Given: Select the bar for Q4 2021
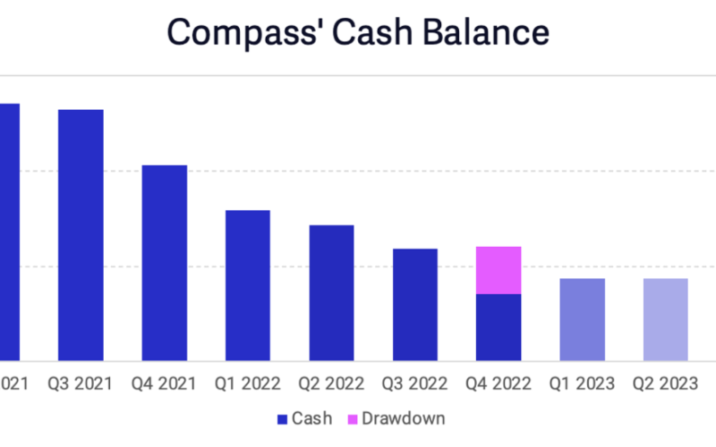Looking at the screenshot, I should point(165,263).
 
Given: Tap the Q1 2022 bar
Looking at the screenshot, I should point(248,285).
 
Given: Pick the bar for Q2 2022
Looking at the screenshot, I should point(331,293).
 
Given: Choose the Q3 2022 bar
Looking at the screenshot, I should point(415,305).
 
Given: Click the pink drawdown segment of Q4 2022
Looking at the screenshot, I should point(499,270).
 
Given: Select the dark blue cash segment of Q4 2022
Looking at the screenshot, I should point(499,327).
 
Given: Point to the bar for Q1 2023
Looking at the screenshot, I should point(582,319).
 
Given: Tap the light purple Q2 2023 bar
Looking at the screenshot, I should point(665,319).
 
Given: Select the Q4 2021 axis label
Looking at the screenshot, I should point(165,384).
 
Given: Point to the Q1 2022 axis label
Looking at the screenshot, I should point(248,384).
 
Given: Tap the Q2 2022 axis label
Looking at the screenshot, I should point(331,384).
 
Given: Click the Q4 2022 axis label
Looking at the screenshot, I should point(499,384).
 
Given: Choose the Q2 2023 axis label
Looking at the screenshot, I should point(665,384).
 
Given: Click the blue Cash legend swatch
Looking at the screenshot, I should point(282,418).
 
